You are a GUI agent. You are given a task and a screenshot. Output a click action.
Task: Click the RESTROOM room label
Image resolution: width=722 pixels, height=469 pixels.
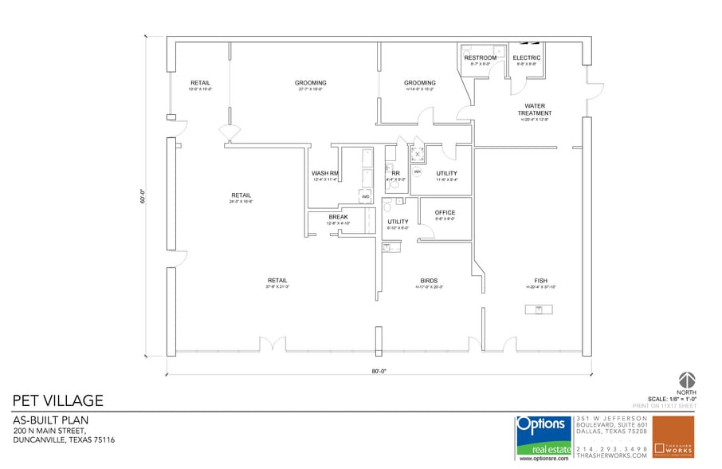click(x=481, y=57)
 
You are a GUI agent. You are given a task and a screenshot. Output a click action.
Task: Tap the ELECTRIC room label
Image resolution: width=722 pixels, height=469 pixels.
click(x=527, y=57)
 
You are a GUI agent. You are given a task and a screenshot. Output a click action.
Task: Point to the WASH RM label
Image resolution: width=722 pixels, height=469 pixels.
click(x=325, y=173)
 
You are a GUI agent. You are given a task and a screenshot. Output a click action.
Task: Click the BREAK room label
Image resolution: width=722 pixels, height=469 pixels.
click(x=338, y=217)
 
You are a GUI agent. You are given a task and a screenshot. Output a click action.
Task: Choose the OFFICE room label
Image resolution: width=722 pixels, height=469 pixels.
click(x=445, y=213)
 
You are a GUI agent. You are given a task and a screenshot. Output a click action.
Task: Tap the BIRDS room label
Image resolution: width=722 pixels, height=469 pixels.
click(x=430, y=281)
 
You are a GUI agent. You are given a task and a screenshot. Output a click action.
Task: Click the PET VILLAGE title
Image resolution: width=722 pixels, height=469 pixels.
click(x=57, y=400)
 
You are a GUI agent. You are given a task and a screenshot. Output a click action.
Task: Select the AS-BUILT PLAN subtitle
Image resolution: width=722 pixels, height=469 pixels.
click(x=50, y=420)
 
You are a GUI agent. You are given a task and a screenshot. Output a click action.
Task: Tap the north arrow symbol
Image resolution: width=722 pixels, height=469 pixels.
click(x=686, y=380)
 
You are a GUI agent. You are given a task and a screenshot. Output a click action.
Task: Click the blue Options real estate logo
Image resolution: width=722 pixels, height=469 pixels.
click(x=543, y=436)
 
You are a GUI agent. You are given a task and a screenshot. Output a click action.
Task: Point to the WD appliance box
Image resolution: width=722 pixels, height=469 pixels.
click(x=366, y=196)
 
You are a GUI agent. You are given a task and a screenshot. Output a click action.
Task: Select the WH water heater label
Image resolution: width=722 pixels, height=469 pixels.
click(x=417, y=171)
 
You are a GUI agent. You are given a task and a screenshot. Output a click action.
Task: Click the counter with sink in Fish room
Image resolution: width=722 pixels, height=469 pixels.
click(x=539, y=309)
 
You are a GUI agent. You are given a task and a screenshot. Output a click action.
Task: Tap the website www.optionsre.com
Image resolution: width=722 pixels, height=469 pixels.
click(x=543, y=459)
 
